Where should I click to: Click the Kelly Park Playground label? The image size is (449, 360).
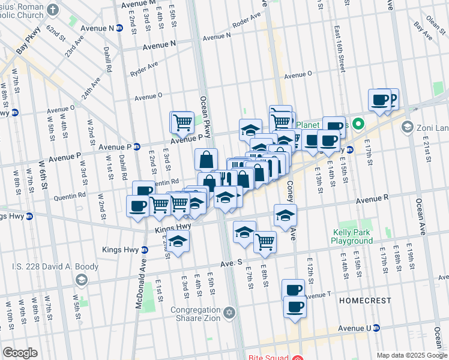[x=352, y=236]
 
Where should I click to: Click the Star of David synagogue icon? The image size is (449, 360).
[x=229, y=313]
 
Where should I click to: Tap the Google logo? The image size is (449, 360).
[x=20, y=353]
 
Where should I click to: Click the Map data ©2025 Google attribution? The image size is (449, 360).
[x=412, y=355]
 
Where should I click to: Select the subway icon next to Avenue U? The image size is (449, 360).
[x=376, y=328]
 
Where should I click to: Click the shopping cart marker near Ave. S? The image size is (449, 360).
[x=264, y=241]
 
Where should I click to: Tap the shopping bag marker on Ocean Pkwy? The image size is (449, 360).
[x=206, y=159]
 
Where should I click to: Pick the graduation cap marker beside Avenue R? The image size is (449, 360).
[x=285, y=214]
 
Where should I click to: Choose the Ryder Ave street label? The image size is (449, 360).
[x=144, y=67]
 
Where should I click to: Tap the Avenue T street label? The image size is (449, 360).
[x=318, y=295]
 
